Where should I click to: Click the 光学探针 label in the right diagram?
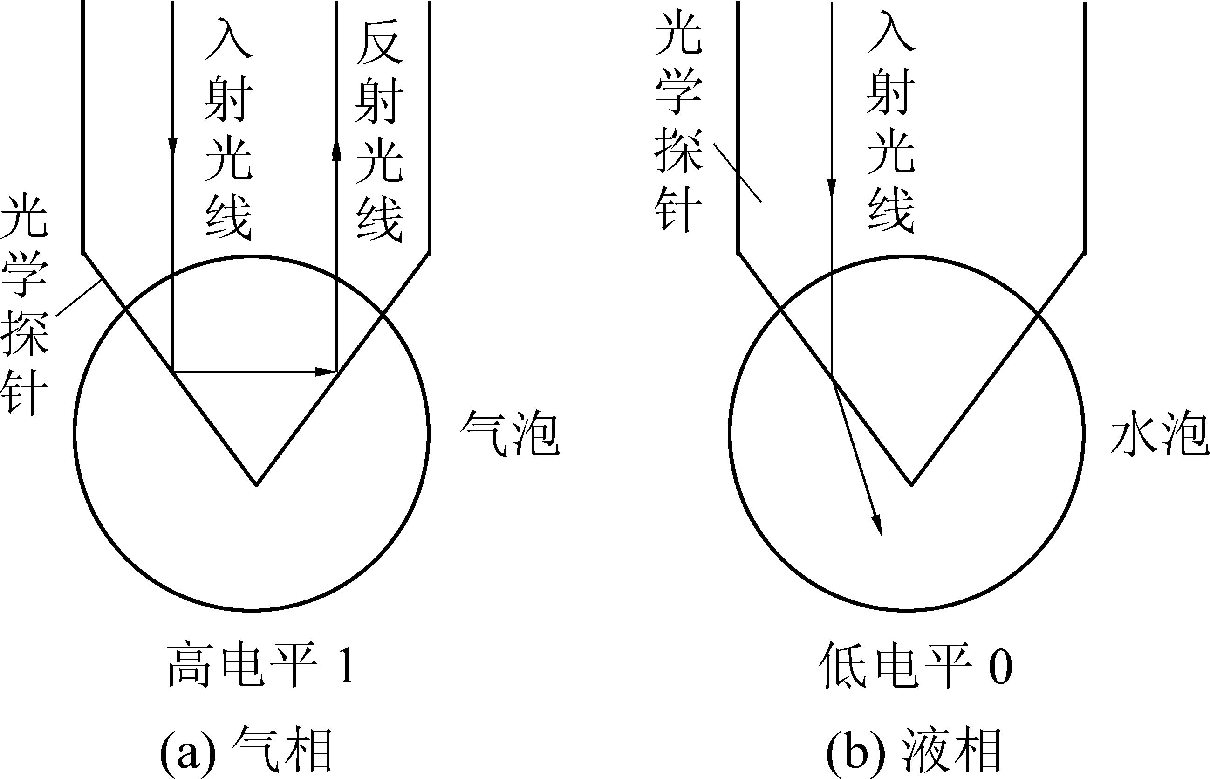tap(678, 124)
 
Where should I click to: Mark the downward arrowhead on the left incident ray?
tap(173, 147)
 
